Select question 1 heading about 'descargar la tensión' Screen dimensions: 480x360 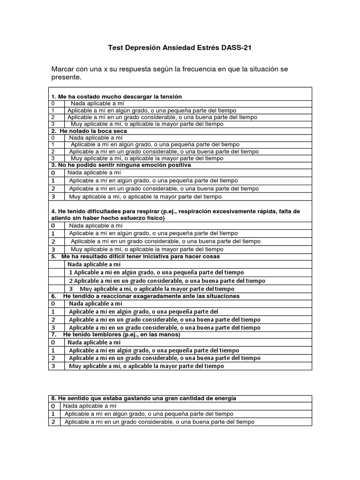[116, 97]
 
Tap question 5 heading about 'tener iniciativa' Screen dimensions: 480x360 [135, 256]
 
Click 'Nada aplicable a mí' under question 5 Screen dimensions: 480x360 [94, 264]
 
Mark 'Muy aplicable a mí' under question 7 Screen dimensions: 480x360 [146, 366]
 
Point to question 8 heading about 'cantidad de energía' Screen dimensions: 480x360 [143, 398]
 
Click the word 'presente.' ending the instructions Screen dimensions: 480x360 [66, 77]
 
